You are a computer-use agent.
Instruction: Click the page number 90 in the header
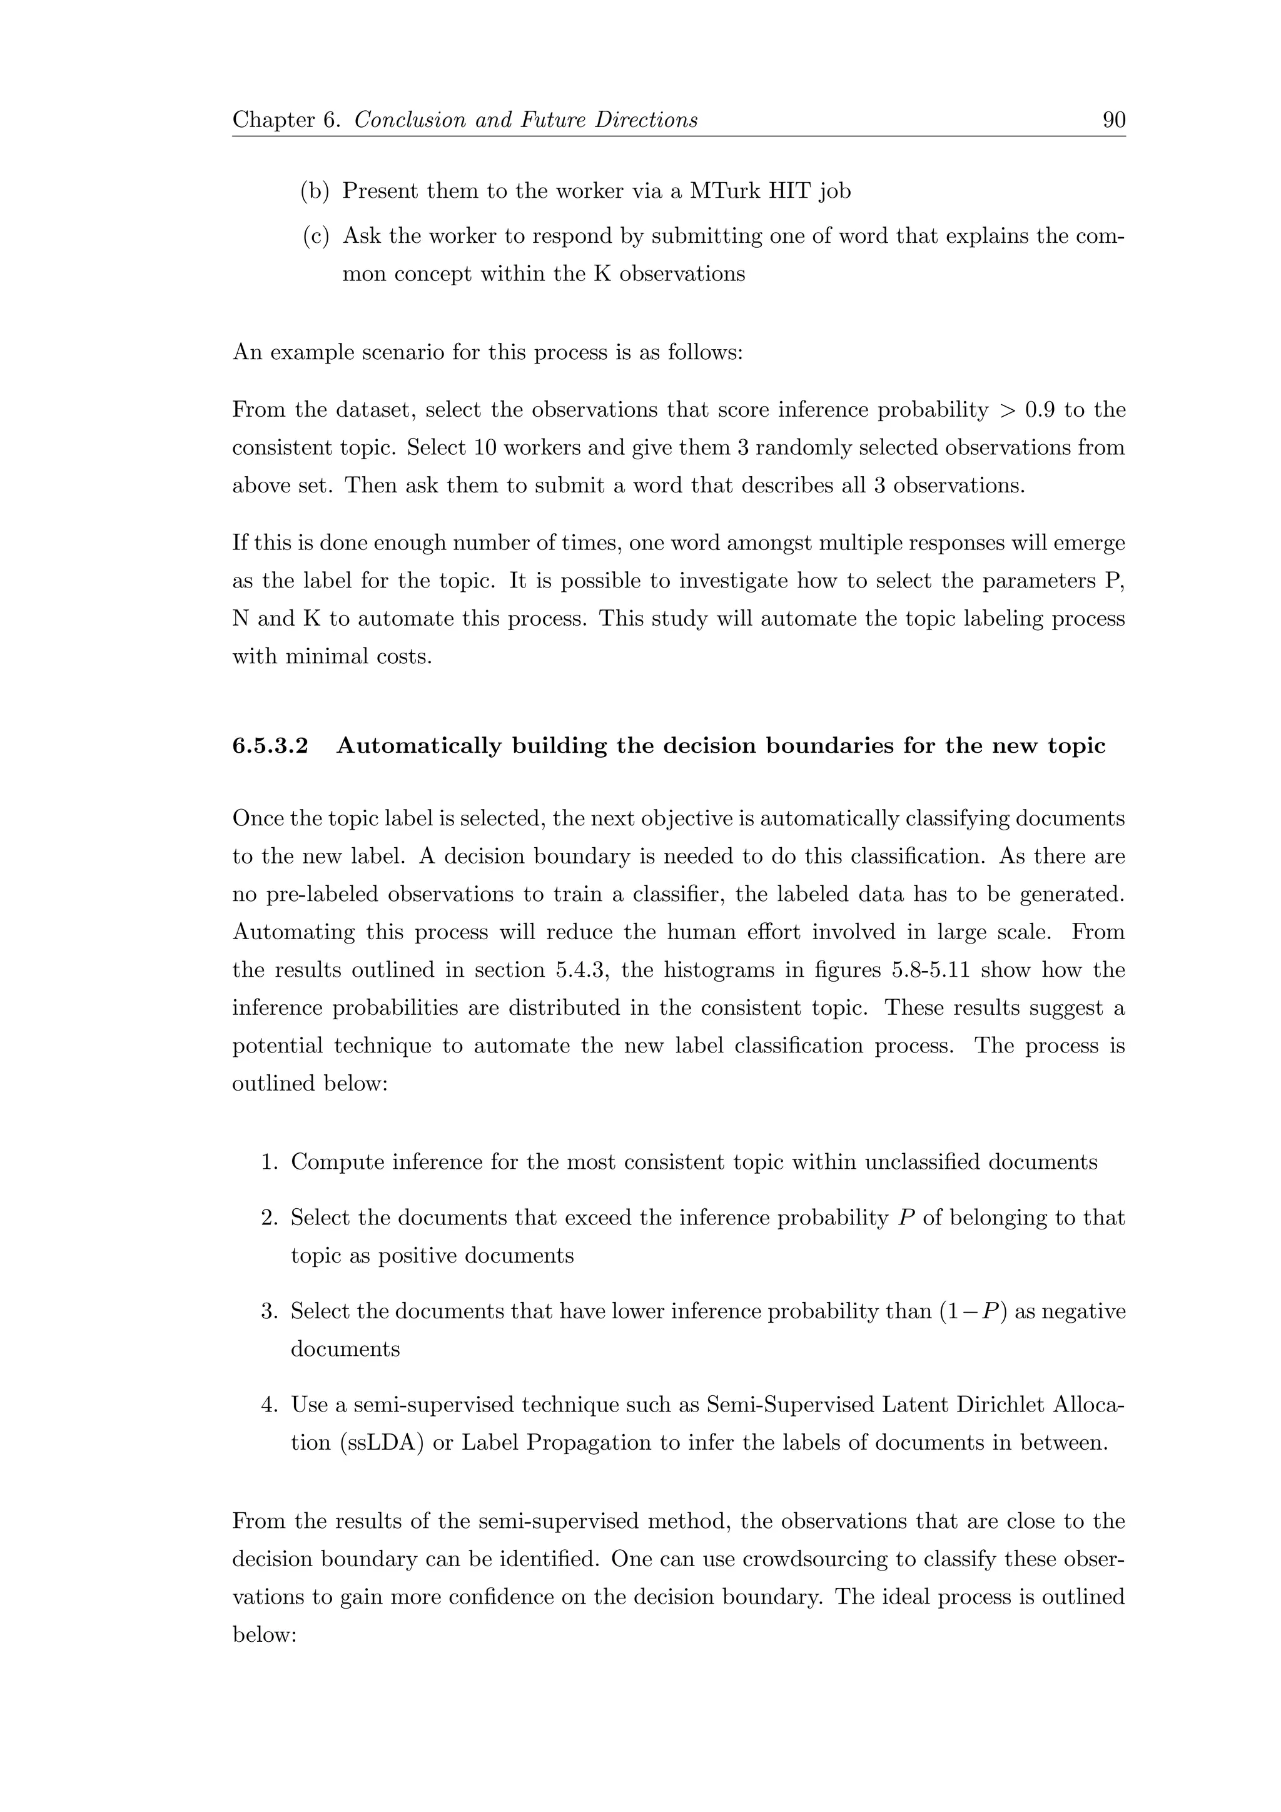coord(1113,120)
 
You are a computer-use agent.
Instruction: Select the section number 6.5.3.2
coord(270,746)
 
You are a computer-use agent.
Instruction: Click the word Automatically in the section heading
coord(418,746)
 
